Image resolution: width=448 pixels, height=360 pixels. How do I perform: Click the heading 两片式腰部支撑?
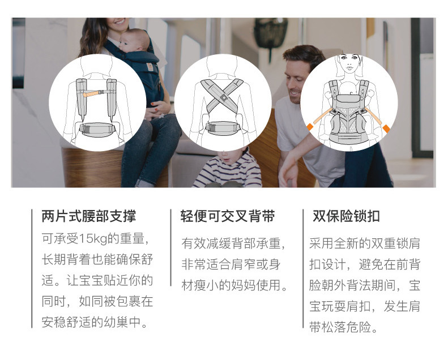(88, 216)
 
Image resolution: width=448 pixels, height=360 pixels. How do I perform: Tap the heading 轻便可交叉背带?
(228, 216)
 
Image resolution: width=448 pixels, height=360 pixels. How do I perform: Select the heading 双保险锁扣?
(346, 216)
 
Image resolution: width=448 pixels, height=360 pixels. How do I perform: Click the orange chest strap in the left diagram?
(93, 93)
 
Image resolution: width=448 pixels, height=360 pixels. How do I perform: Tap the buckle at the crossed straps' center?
(223, 97)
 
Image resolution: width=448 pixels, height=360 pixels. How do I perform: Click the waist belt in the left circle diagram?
(97, 129)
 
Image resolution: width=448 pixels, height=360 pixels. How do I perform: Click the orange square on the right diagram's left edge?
(310, 126)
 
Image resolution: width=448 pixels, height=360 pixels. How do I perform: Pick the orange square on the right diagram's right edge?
(386, 128)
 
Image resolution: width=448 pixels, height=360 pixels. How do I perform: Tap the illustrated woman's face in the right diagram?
(350, 63)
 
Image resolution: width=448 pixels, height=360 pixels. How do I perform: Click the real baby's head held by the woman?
(134, 40)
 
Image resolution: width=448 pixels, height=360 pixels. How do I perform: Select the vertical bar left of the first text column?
(32, 269)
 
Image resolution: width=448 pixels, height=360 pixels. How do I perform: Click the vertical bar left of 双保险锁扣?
(303, 269)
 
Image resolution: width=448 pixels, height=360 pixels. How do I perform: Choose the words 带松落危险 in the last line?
(340, 327)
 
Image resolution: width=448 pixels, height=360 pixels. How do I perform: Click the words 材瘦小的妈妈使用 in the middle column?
(231, 285)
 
